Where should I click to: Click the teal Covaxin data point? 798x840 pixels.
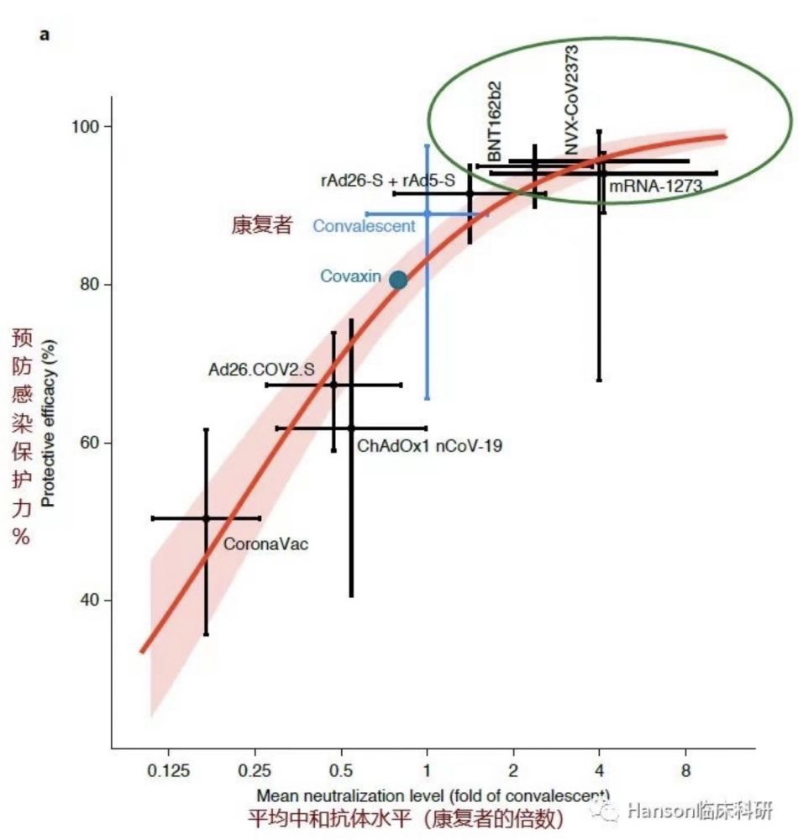click(398, 280)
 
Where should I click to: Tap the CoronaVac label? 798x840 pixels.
click(265, 544)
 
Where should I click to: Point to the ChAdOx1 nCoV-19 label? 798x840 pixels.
click(429, 446)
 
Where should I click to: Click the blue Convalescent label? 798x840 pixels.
click(364, 225)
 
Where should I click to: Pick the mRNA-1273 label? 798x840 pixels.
click(655, 186)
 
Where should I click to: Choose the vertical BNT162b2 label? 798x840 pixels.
click(495, 122)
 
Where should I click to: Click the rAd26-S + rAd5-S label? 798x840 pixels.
click(387, 180)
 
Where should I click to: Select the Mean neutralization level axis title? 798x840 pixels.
click(433, 795)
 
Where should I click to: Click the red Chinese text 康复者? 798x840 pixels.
click(261, 225)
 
